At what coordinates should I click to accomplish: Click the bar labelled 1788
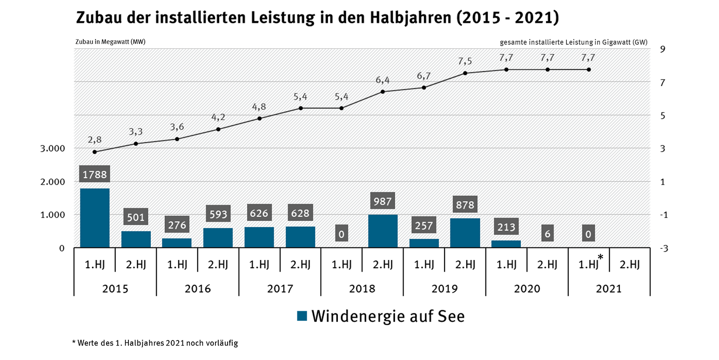click(x=94, y=218)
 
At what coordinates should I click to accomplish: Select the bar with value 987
click(x=383, y=231)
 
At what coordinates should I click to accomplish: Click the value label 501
click(x=136, y=217)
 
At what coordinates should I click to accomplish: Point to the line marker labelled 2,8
click(x=94, y=152)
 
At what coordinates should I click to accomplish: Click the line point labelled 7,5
click(x=465, y=73)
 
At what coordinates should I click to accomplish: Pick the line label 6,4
click(x=383, y=80)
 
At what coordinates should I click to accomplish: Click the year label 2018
click(x=362, y=288)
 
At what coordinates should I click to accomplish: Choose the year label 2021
click(x=609, y=288)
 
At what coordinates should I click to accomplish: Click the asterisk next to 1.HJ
click(x=601, y=257)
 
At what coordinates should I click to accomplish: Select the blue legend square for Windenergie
click(x=302, y=316)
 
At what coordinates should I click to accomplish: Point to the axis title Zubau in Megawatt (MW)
click(x=110, y=42)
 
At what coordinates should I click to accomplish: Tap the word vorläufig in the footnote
click(x=223, y=343)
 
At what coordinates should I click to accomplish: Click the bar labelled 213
click(x=506, y=244)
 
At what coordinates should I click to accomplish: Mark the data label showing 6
click(x=547, y=234)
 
